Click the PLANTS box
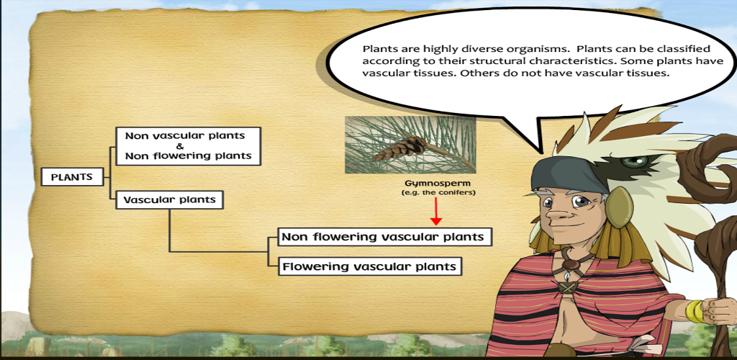click(72, 178)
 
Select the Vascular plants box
click(169, 199)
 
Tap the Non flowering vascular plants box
click(384, 237)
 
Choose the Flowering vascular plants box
click(369, 266)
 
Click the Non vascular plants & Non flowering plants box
click(188, 146)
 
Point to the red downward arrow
click(437, 212)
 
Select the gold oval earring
click(620, 207)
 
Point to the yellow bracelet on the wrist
click(695, 311)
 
